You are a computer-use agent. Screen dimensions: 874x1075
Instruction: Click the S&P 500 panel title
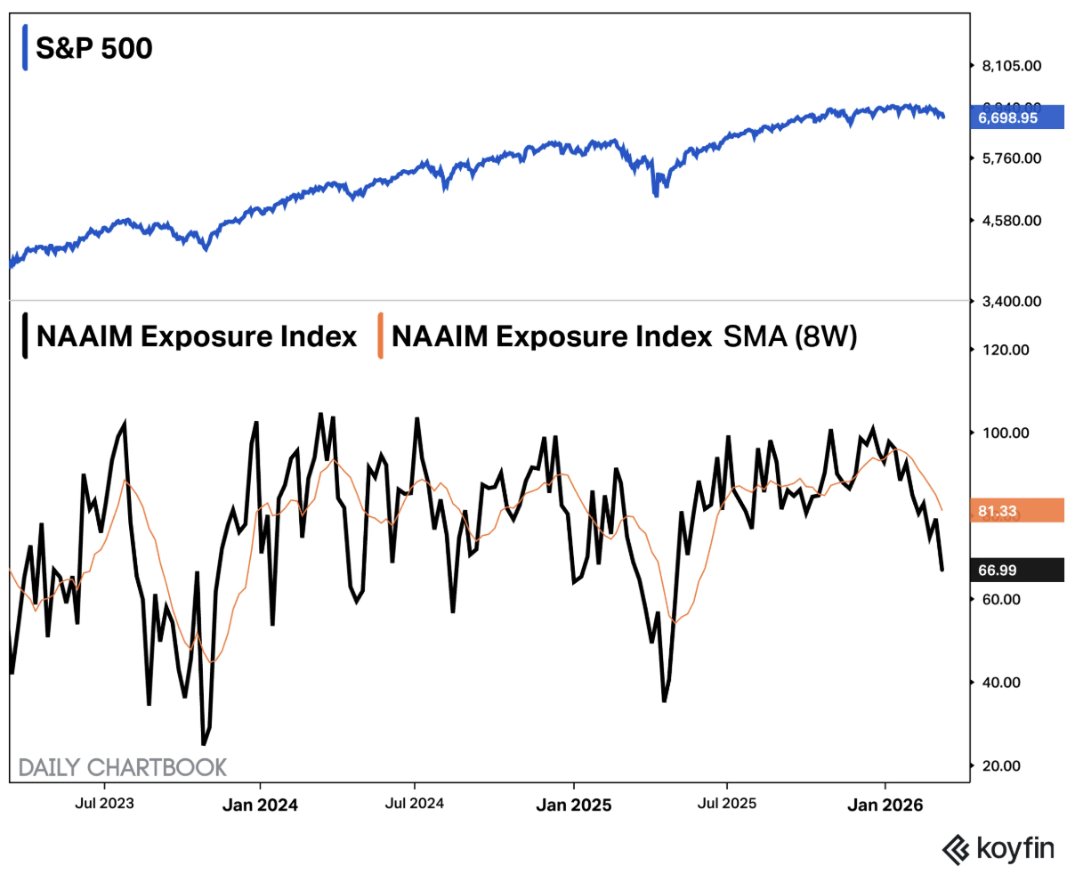coord(93,48)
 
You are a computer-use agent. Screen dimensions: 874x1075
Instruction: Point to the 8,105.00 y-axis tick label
coord(1011,66)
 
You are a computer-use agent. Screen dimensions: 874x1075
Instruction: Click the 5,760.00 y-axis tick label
coord(1011,158)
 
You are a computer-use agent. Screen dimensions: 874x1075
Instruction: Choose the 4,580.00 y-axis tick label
coord(1011,221)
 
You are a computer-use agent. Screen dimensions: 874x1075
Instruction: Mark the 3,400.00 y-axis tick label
coord(1011,302)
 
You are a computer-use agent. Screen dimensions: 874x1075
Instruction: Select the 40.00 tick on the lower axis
coord(1000,683)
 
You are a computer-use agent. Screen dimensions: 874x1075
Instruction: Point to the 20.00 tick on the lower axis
coord(1000,766)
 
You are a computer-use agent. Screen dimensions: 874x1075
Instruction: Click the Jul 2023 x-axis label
coord(104,804)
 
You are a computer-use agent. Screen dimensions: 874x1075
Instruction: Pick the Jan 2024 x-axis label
coord(260,805)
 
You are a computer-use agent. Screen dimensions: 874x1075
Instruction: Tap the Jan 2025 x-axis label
coord(573,805)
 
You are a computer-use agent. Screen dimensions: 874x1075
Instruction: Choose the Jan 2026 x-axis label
coord(885,805)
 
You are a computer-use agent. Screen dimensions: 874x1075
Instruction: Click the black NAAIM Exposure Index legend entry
coord(196,336)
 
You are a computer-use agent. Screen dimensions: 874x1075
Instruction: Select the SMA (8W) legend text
coord(789,336)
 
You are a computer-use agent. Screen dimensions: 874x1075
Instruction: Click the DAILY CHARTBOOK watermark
coord(123,767)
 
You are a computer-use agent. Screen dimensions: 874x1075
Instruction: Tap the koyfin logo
coord(998,849)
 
